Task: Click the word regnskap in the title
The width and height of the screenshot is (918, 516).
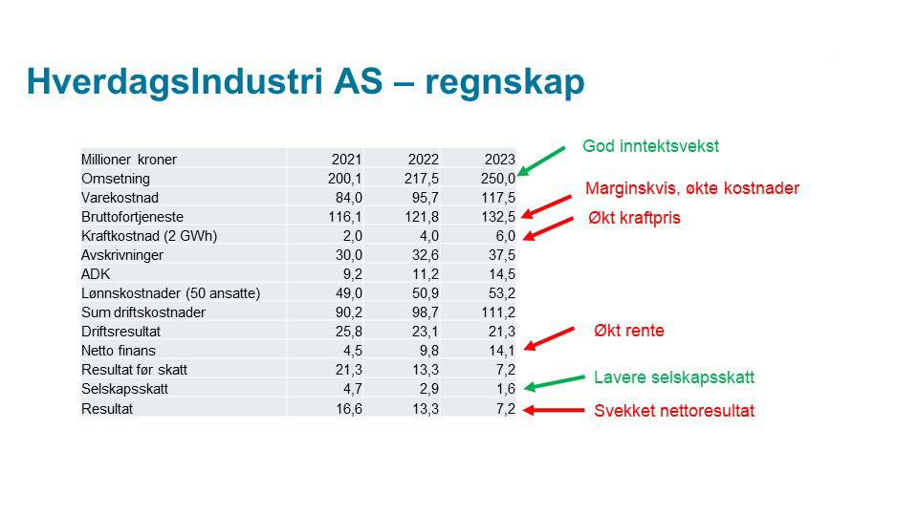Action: pyautogui.click(x=505, y=82)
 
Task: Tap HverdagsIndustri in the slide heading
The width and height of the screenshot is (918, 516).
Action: pyautogui.click(x=174, y=82)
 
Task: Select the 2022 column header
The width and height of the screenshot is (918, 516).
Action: pyautogui.click(x=424, y=160)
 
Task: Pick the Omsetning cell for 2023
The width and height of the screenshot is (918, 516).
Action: pyautogui.click(x=498, y=179)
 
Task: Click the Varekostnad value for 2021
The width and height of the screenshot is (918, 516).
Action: pyautogui.click(x=349, y=198)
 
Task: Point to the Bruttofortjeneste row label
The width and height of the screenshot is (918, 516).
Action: pyautogui.click(x=132, y=217)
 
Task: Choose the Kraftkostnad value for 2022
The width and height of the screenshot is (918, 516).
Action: pyautogui.click(x=429, y=236)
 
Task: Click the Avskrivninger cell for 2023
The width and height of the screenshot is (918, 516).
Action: pyautogui.click(x=502, y=255)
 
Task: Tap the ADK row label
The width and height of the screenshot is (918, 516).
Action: pyautogui.click(x=96, y=274)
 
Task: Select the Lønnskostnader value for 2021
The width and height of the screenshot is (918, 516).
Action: pyautogui.click(x=349, y=293)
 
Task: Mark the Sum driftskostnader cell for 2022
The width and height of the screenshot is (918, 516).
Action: pyautogui.click(x=426, y=312)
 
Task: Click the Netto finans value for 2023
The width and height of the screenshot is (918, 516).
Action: pyautogui.click(x=502, y=351)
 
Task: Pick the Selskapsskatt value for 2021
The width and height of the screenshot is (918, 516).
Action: pyautogui.click(x=353, y=389)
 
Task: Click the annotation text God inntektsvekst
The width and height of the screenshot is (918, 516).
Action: pyautogui.click(x=650, y=146)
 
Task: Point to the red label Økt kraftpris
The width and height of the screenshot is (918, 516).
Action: pyautogui.click(x=635, y=218)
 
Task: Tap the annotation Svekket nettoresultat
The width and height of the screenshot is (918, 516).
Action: pyautogui.click(x=674, y=411)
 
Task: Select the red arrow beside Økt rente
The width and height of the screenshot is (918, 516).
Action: pyautogui.click(x=549, y=338)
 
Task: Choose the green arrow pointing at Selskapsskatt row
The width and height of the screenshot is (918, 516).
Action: pyautogui.click(x=554, y=382)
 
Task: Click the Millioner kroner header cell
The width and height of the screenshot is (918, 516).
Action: pyautogui.click(x=129, y=160)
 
